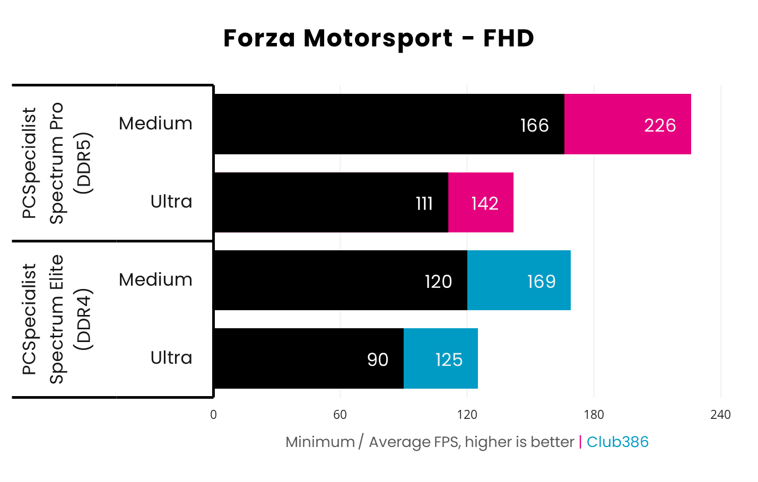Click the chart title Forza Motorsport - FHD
(x=378, y=38)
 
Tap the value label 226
(x=660, y=125)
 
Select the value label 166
(x=534, y=125)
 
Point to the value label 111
(x=424, y=203)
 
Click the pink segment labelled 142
(x=481, y=203)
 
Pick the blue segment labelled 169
(x=519, y=281)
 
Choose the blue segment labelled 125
(x=440, y=359)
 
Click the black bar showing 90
(x=308, y=359)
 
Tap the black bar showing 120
(x=340, y=281)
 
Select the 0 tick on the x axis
(x=213, y=415)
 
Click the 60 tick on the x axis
(x=340, y=415)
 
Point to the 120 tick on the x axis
(x=467, y=415)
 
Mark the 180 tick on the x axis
(x=594, y=415)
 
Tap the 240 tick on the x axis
(x=720, y=415)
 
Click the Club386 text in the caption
(x=617, y=442)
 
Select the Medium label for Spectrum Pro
(x=155, y=124)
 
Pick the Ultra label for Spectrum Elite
(x=171, y=358)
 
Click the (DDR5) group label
(x=84, y=163)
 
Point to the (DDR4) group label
(x=84, y=319)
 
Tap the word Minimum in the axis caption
(x=320, y=442)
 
